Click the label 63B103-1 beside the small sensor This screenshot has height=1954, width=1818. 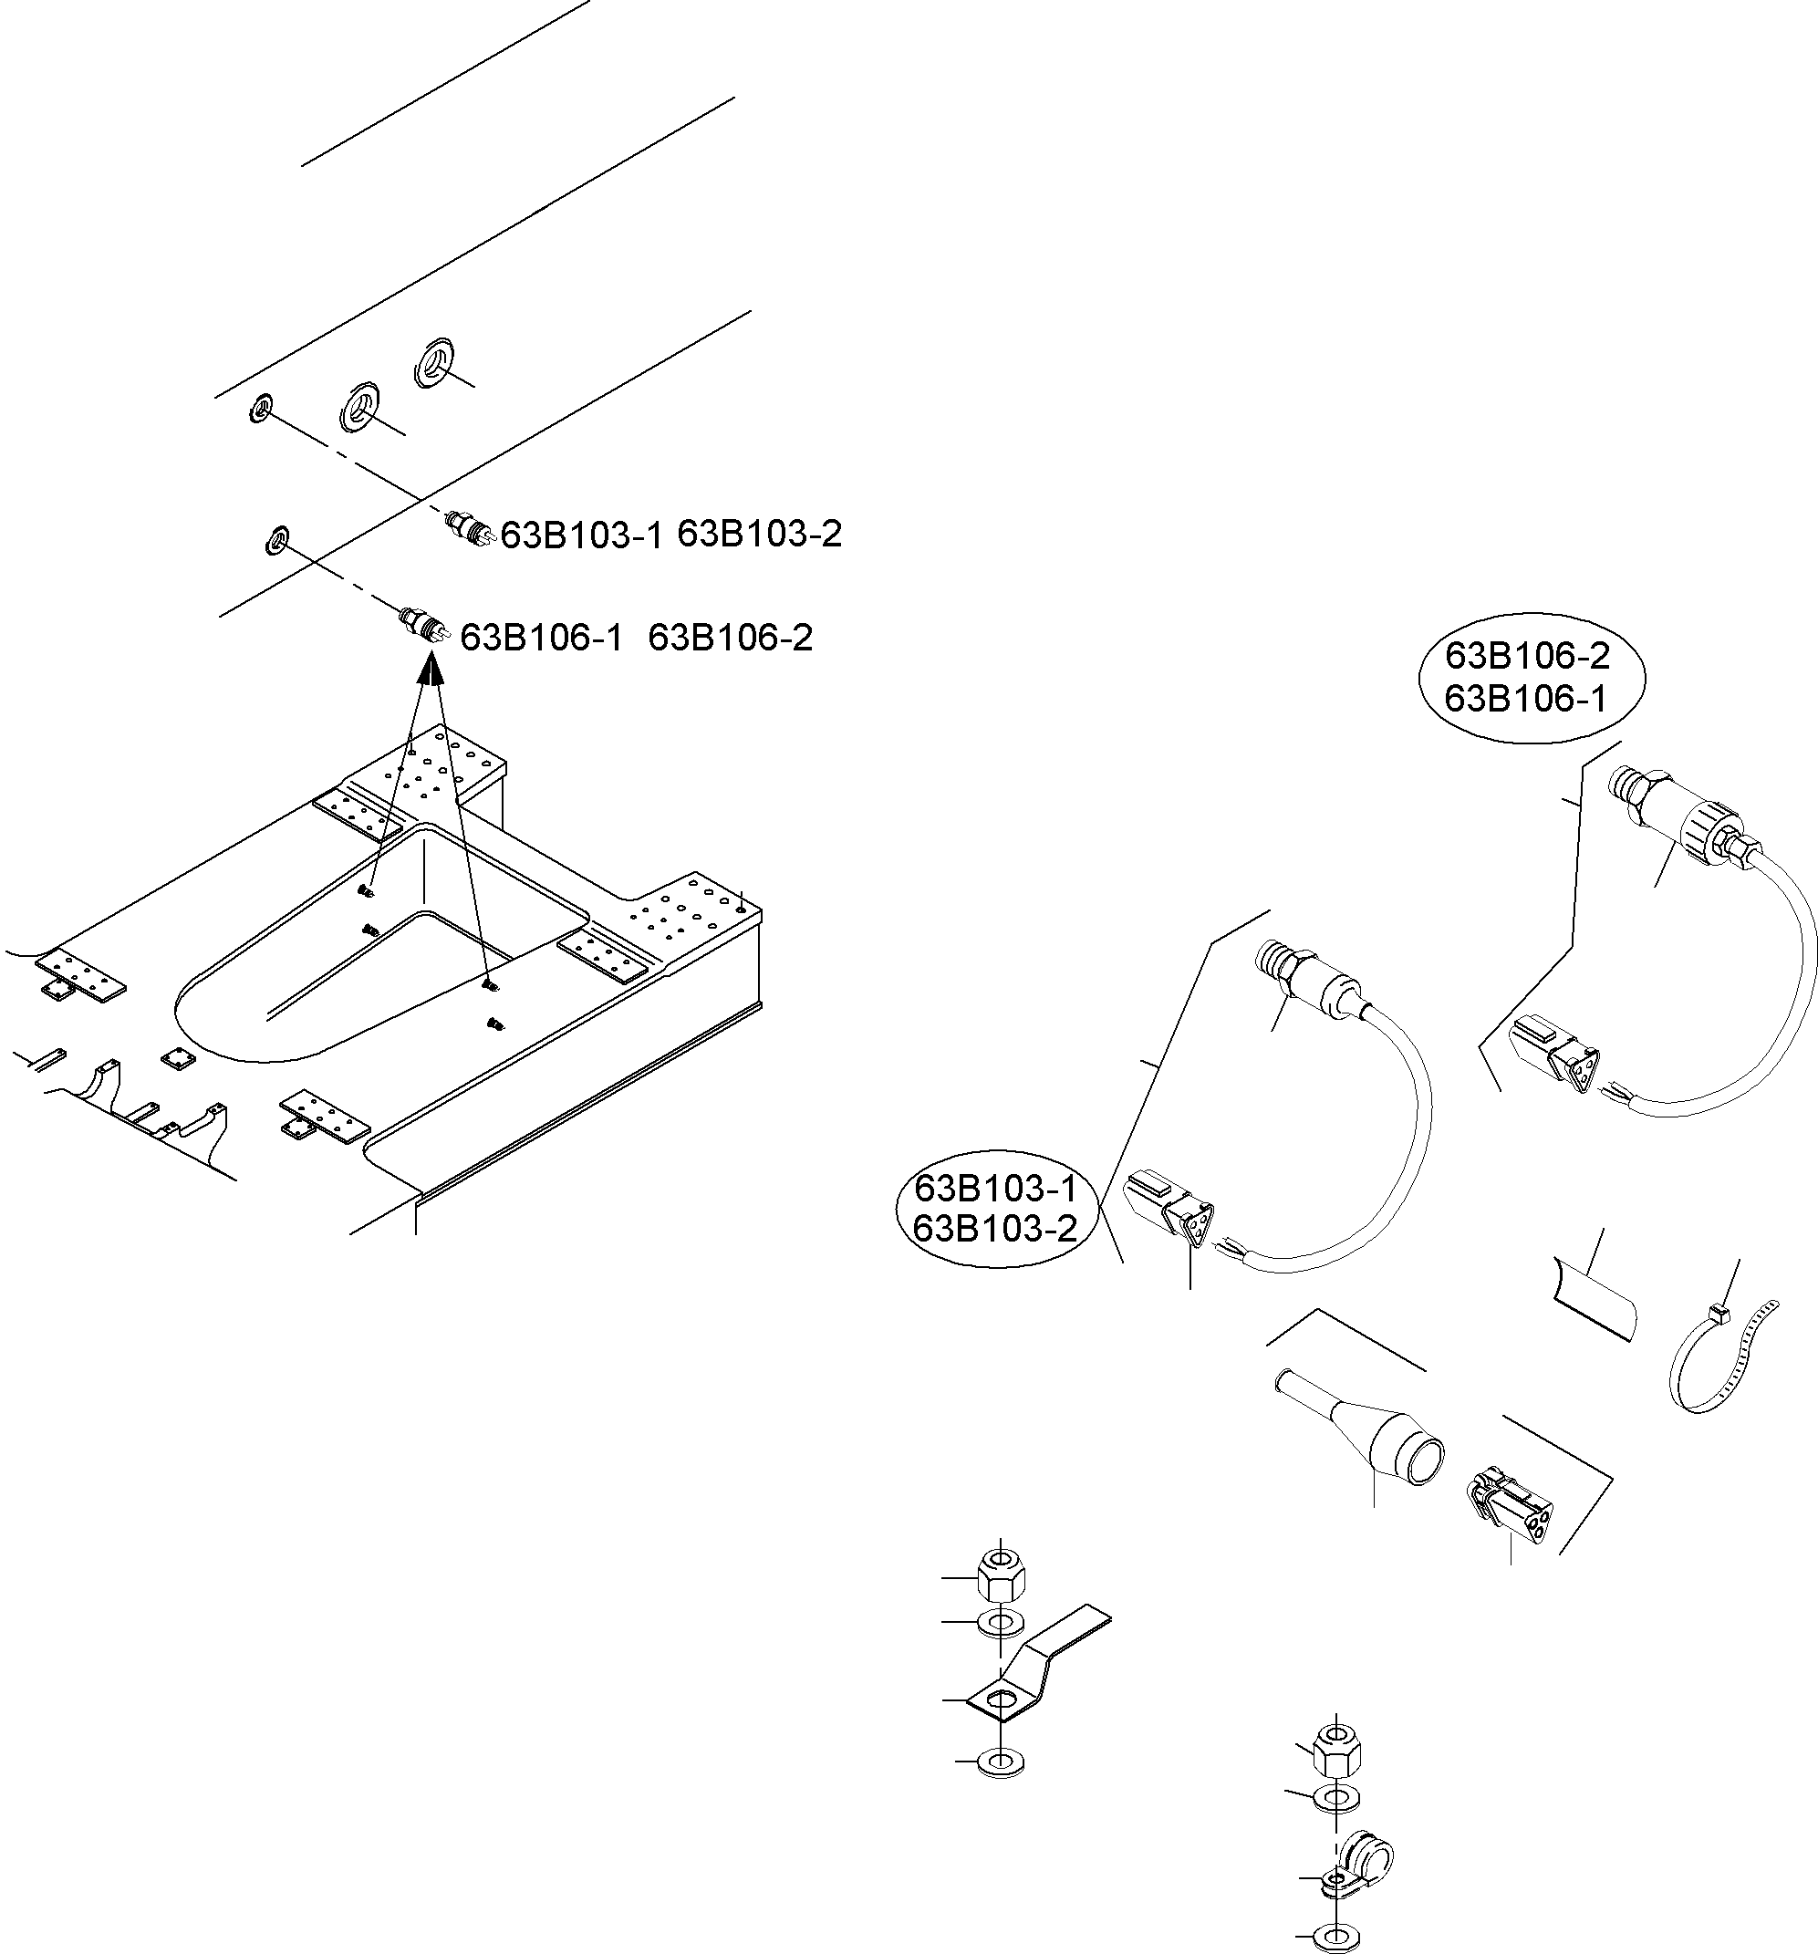pos(582,535)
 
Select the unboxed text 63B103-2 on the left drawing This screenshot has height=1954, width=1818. pos(760,534)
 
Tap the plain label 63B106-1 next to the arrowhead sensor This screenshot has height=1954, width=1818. pos(542,638)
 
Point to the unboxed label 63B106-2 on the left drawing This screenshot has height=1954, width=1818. pos(730,638)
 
